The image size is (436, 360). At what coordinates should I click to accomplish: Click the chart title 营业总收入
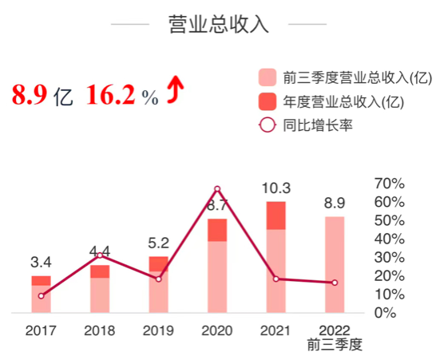(218, 24)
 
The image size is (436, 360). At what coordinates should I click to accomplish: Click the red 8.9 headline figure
(30, 95)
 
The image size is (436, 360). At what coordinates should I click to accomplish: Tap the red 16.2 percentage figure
(111, 95)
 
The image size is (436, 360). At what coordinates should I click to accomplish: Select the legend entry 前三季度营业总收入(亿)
(344, 77)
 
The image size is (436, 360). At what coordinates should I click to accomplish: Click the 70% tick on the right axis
(390, 183)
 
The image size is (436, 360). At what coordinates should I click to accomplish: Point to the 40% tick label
(390, 239)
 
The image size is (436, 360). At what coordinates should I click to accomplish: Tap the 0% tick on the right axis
(386, 313)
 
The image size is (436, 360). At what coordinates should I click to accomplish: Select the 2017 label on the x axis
(41, 329)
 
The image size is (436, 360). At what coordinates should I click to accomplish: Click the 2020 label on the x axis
(217, 329)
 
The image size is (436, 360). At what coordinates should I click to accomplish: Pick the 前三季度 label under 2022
(335, 345)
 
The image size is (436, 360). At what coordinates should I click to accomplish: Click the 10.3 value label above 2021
(275, 188)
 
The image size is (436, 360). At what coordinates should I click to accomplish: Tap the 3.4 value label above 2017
(42, 262)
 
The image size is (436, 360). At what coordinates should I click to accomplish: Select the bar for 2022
(335, 264)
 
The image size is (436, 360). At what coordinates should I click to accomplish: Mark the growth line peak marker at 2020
(217, 189)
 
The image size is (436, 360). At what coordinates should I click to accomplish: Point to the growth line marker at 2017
(41, 296)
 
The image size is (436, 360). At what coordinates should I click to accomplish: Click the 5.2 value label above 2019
(158, 243)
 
